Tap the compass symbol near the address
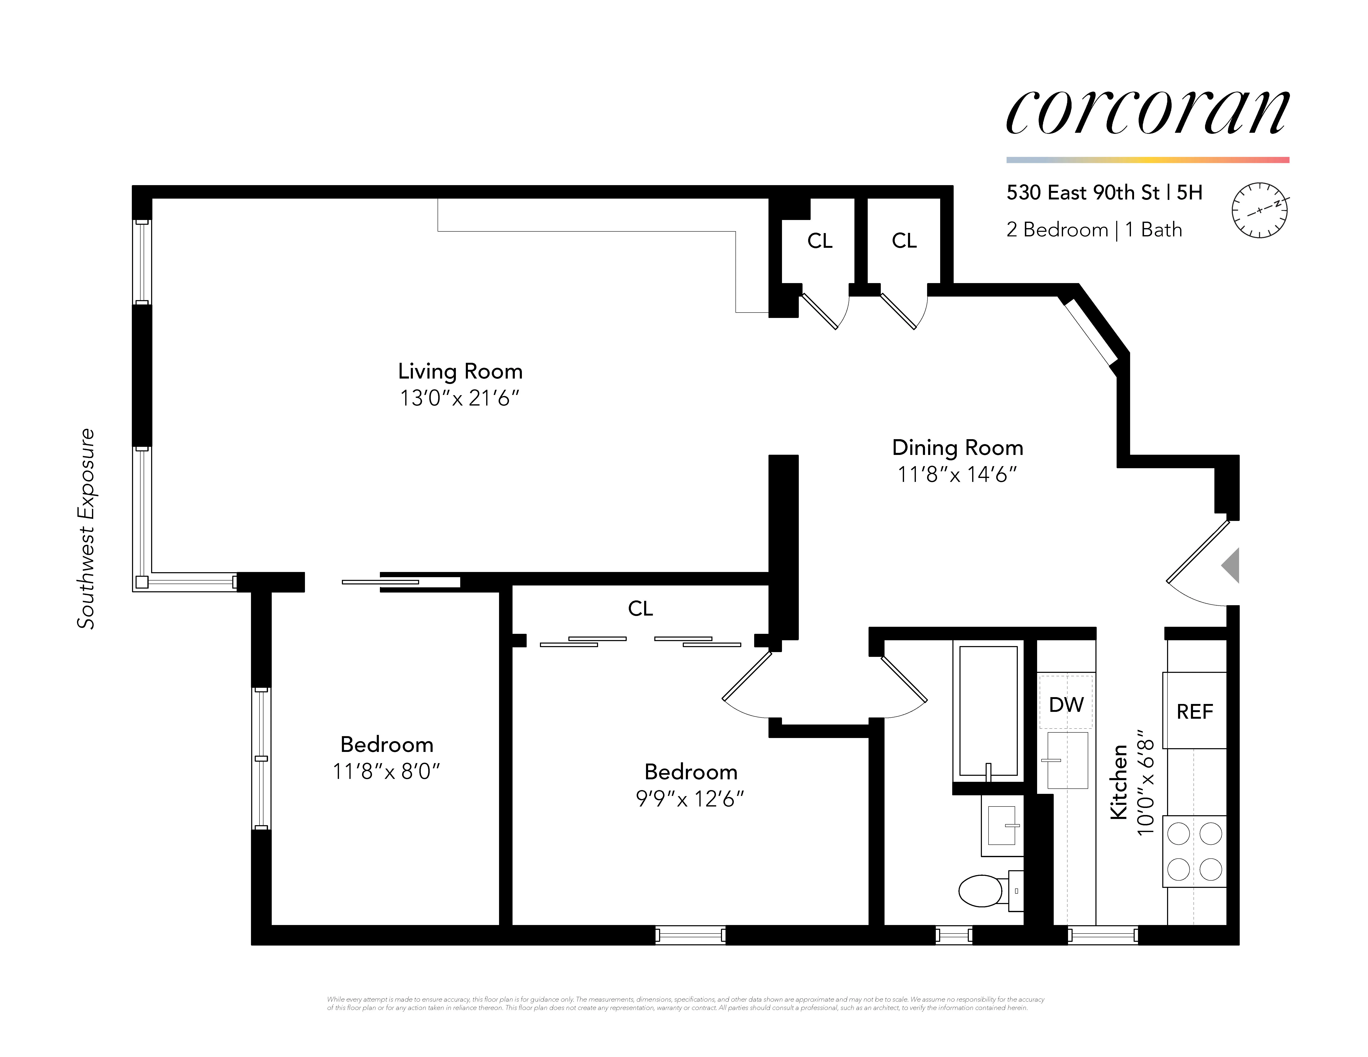pyautogui.click(x=1259, y=210)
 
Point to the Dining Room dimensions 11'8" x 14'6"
pyautogui.click(x=957, y=475)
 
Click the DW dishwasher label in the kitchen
pyautogui.click(x=1066, y=704)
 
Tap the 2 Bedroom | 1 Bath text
pyautogui.click(x=1094, y=230)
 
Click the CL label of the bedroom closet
pyautogui.click(x=640, y=608)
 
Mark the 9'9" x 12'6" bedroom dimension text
pyautogui.click(x=690, y=799)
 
